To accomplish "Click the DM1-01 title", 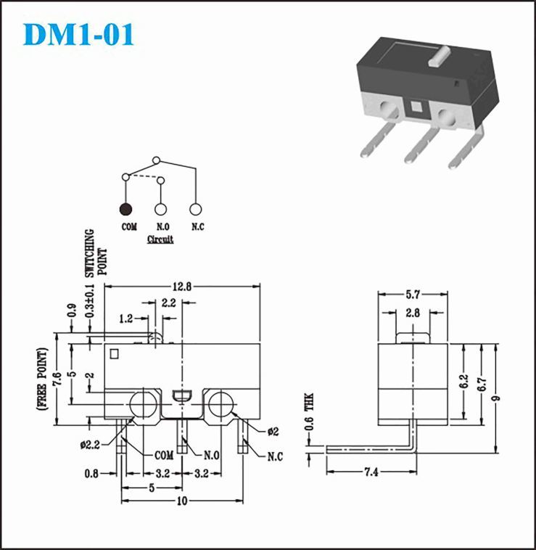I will pyautogui.click(x=78, y=34).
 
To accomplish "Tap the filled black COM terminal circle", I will pyautogui.click(x=126, y=209).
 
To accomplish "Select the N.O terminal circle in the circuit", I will pyautogui.click(x=160, y=209).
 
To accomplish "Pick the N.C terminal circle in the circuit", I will pyautogui.click(x=195, y=209).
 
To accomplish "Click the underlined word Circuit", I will pyautogui.click(x=160, y=239).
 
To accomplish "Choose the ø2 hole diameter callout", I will pyautogui.click(x=273, y=431).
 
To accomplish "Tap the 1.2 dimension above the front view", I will pyautogui.click(x=126, y=318).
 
